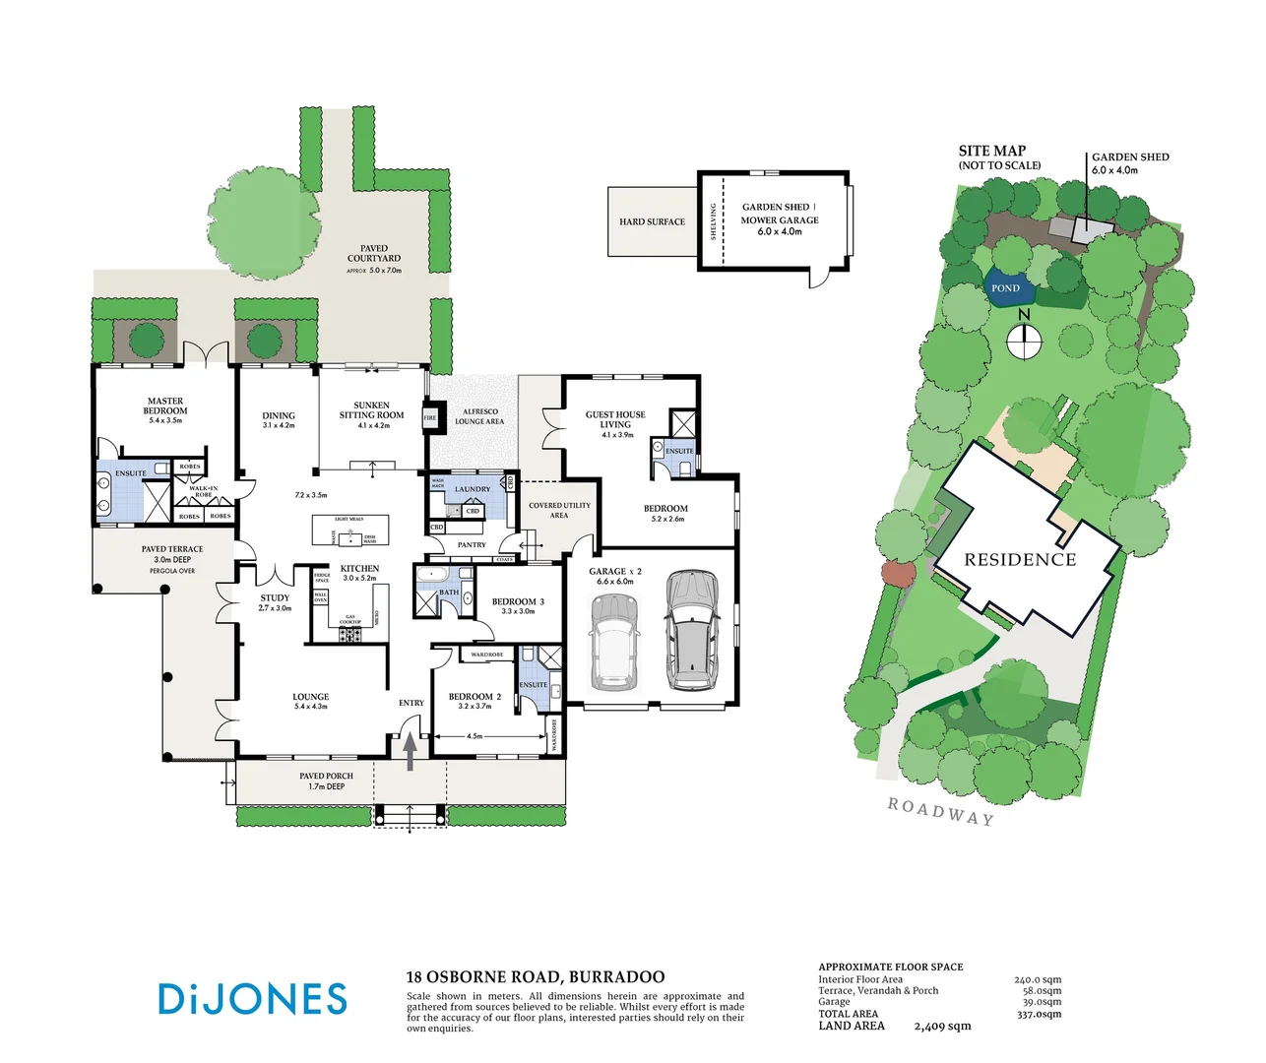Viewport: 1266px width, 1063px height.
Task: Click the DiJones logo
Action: (x=252, y=998)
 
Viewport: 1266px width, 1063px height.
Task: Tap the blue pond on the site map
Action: (x=1009, y=288)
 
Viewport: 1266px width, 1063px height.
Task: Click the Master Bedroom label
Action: (x=165, y=406)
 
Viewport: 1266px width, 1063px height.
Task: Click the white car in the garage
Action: (x=613, y=643)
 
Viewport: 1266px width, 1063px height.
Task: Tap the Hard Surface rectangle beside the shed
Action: (x=653, y=222)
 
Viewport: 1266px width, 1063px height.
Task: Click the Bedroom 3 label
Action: (x=518, y=601)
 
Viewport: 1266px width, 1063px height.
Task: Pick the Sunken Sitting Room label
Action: (x=371, y=410)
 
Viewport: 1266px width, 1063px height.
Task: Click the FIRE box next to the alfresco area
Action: (x=429, y=417)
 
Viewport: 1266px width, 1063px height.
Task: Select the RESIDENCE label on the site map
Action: (x=1020, y=560)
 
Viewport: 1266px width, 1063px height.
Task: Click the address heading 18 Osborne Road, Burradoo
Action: (x=535, y=977)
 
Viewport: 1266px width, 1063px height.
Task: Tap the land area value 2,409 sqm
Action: (x=942, y=1027)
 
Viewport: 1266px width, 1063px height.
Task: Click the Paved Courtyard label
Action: (x=374, y=254)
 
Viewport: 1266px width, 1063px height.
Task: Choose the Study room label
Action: (x=275, y=598)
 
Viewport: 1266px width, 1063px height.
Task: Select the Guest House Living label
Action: (x=615, y=420)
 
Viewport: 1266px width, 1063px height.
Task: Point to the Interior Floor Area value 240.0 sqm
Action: (x=1038, y=980)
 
